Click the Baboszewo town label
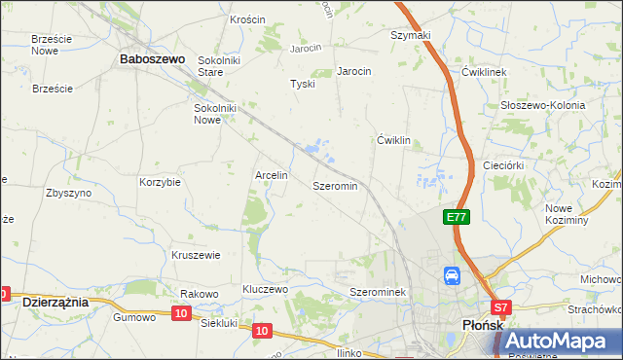tap(152, 59)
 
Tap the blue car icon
tap(453, 276)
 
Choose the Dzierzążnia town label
tap(55, 303)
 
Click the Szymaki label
tap(410, 35)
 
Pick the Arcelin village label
tap(271, 175)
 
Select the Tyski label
tap(303, 84)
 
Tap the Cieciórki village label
tap(504, 165)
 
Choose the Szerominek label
tap(383, 292)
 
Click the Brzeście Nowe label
tap(52, 44)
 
